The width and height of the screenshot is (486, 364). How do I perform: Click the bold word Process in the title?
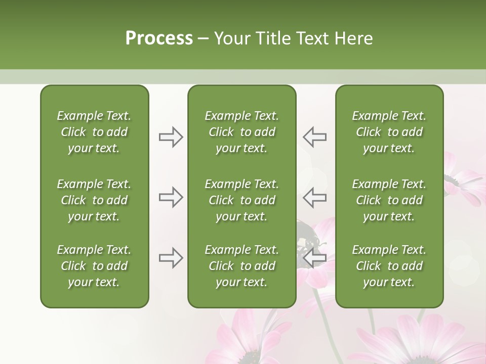[x=159, y=38]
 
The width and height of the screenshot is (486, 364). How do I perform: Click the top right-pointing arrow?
[x=171, y=137]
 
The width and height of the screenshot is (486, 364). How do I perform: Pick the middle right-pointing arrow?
[x=171, y=197]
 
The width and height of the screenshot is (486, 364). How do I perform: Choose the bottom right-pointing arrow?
[x=171, y=258]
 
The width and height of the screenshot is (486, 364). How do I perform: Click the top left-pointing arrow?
[x=314, y=137]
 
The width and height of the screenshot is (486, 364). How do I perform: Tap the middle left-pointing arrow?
[x=314, y=197]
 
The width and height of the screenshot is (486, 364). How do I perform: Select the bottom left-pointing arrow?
[x=314, y=258]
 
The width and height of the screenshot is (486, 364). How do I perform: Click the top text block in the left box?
[x=94, y=132]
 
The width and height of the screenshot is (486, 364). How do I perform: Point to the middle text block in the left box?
[x=94, y=200]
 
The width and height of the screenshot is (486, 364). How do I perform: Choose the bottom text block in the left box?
[x=94, y=266]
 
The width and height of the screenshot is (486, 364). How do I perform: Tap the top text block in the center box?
[x=241, y=132]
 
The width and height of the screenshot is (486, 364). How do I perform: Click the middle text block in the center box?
[x=241, y=200]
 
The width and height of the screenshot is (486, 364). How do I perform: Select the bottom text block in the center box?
[x=241, y=266]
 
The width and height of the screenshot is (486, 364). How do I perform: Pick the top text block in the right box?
[x=389, y=132]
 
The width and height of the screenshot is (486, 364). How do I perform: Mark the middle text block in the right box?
[x=389, y=200]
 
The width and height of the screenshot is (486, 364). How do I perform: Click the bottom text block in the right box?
[x=389, y=266]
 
